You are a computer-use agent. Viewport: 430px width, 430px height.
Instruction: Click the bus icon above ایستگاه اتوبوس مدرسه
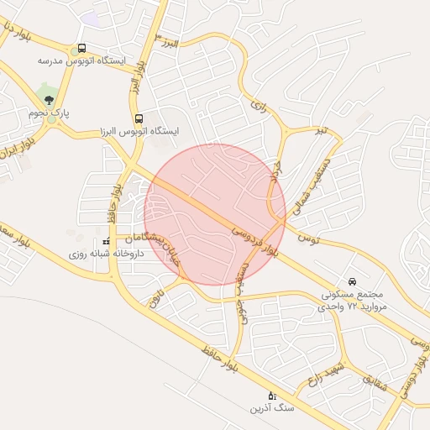click(81, 49)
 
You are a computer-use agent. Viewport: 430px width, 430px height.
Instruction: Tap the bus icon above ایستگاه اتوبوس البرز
click(139, 118)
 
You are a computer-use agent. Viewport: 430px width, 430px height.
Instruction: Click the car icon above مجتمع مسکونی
click(351, 281)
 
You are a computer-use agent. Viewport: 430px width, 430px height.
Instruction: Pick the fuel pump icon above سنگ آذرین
click(271, 395)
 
